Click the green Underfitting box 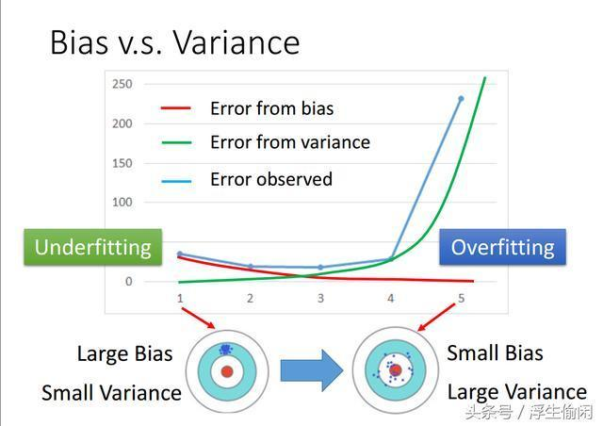pyautogui.click(x=92, y=247)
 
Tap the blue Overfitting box pyautogui.click(x=502, y=247)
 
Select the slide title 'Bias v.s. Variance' pyautogui.click(x=174, y=42)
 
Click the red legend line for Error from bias pyautogui.click(x=176, y=108)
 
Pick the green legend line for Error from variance pyautogui.click(x=176, y=143)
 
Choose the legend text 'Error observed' pyautogui.click(x=270, y=179)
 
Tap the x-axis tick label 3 pyautogui.click(x=320, y=298)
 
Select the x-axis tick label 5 pyautogui.click(x=461, y=298)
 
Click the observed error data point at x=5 pyautogui.click(x=461, y=98)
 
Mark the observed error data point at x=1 pyautogui.click(x=180, y=254)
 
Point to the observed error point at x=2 pyautogui.click(x=250, y=267)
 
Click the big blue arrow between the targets pyautogui.click(x=312, y=369)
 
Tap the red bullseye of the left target pyautogui.click(x=227, y=371)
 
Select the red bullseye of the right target pyautogui.click(x=396, y=370)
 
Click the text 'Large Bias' pyautogui.click(x=124, y=354)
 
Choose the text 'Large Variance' pyautogui.click(x=516, y=392)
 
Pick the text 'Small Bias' pyautogui.click(x=495, y=353)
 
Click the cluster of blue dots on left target pyautogui.click(x=225, y=350)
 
